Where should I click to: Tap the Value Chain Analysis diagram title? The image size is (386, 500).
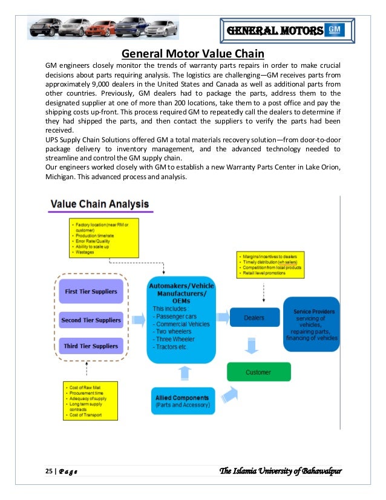pos(99,205)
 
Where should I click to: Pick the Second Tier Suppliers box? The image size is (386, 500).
pos(91,320)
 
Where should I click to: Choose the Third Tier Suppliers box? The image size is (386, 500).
pos(91,346)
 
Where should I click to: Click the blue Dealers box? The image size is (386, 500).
pos(255,317)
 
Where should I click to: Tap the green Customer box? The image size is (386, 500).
pos(258,372)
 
